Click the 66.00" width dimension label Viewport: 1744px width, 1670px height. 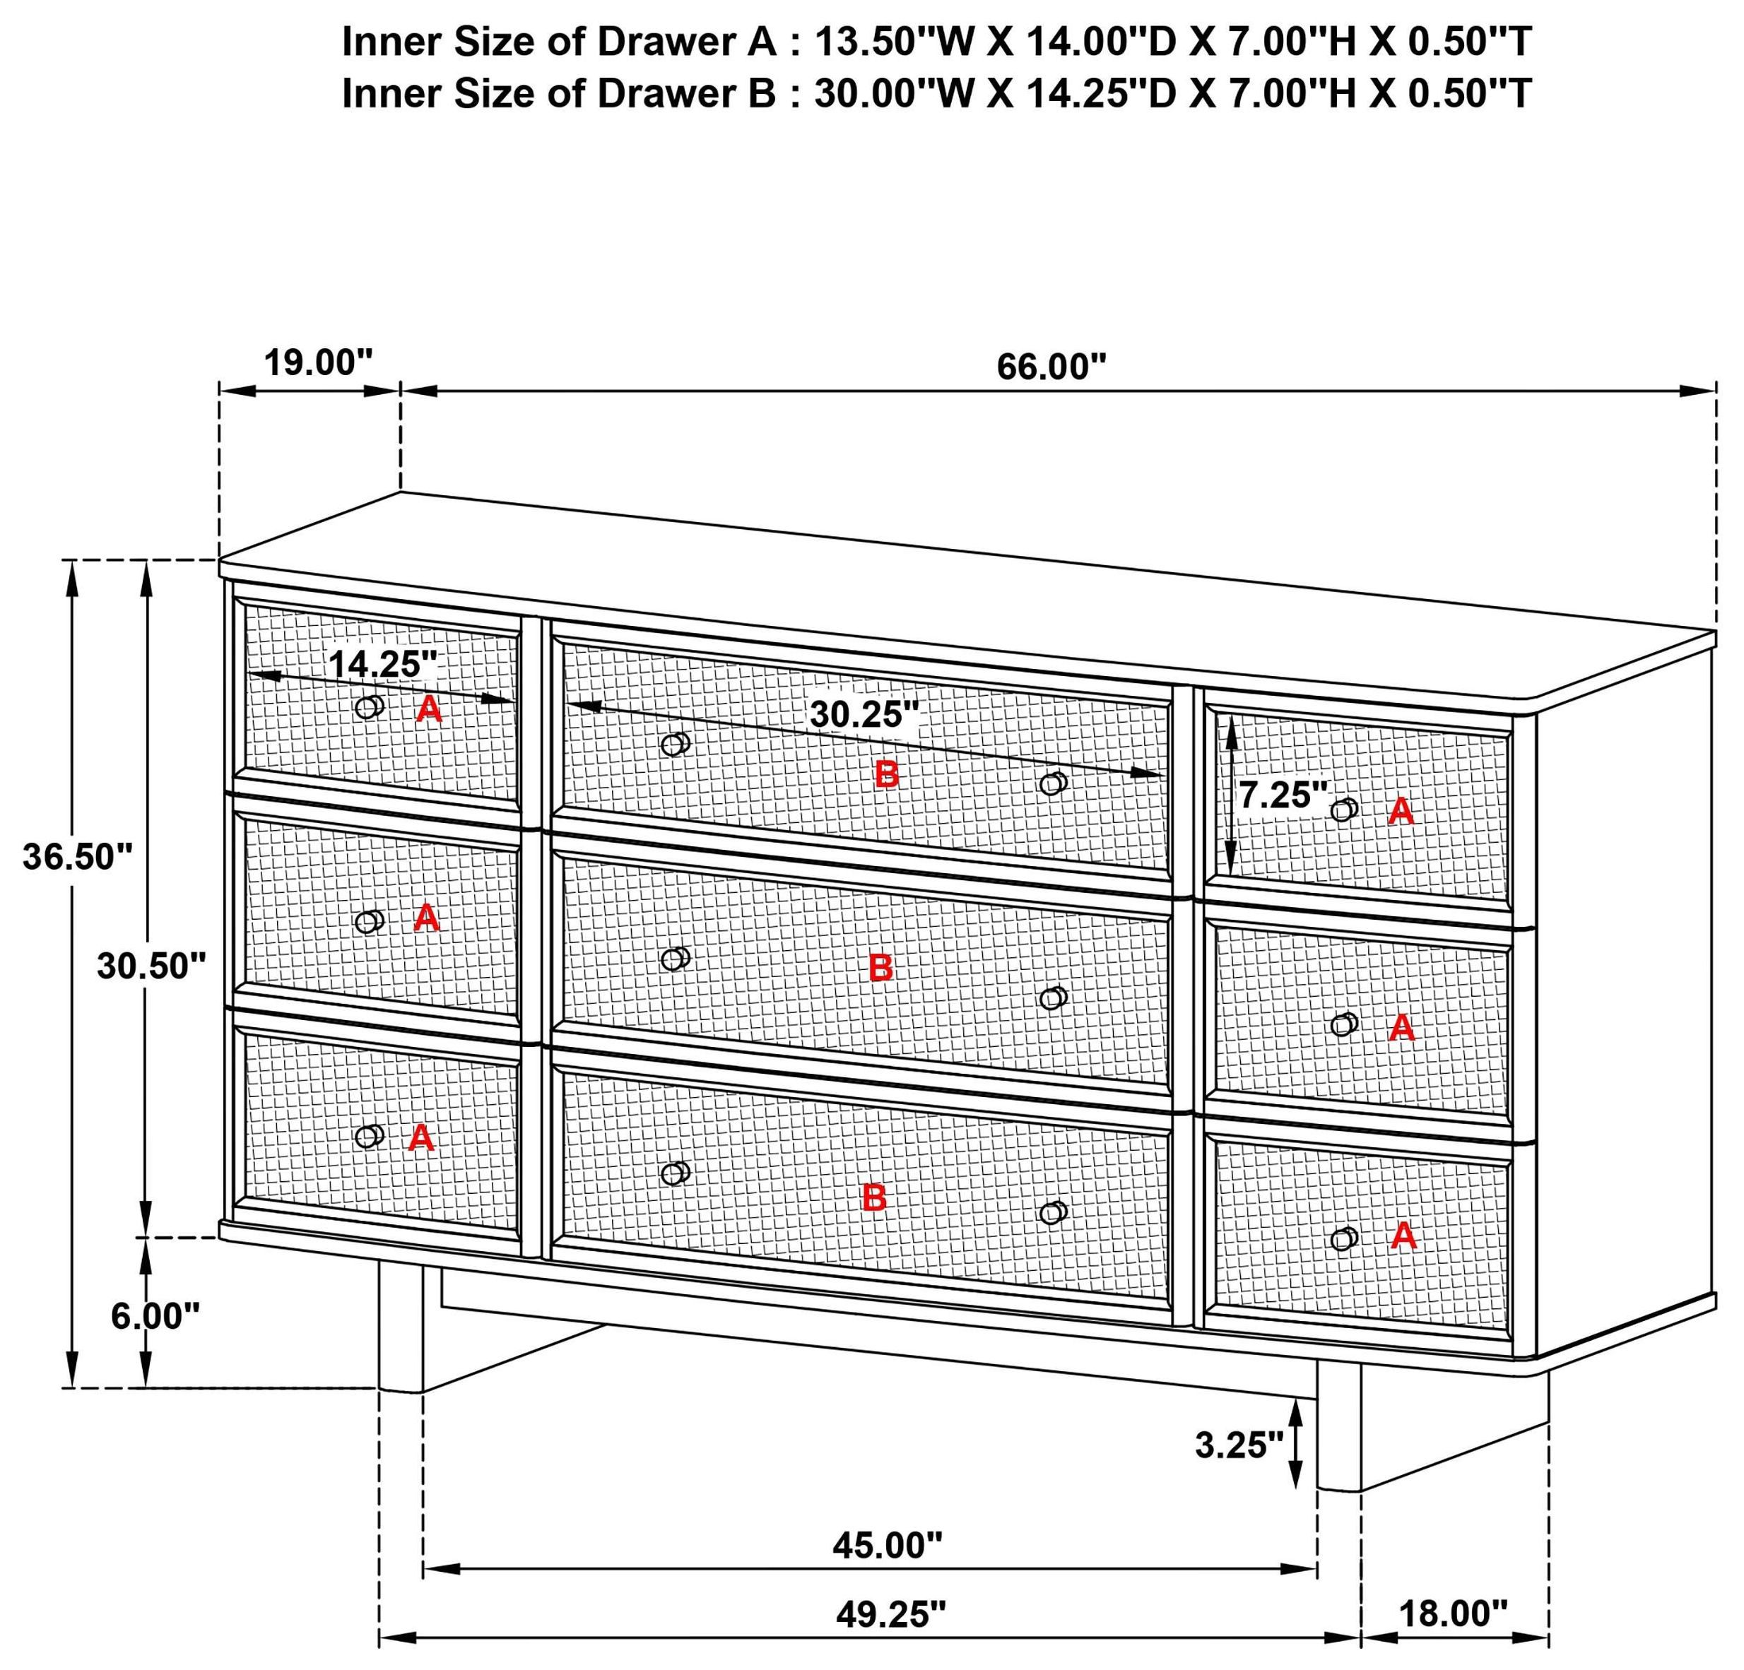[1051, 367]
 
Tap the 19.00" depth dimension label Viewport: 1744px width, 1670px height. [318, 363]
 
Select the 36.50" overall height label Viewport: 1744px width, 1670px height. [78, 857]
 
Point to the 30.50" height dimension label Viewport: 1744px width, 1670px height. [151, 966]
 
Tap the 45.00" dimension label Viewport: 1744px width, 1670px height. [886, 1546]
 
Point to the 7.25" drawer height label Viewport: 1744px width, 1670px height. [1282, 795]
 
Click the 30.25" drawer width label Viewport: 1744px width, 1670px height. [863, 714]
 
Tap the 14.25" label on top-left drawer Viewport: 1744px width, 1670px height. [382, 664]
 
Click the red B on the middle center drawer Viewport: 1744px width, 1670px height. [880, 967]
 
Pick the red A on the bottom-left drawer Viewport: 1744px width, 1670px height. [421, 1137]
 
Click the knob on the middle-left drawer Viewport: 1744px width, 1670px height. [368, 922]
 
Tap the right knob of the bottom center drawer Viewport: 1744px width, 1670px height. [1053, 1213]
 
